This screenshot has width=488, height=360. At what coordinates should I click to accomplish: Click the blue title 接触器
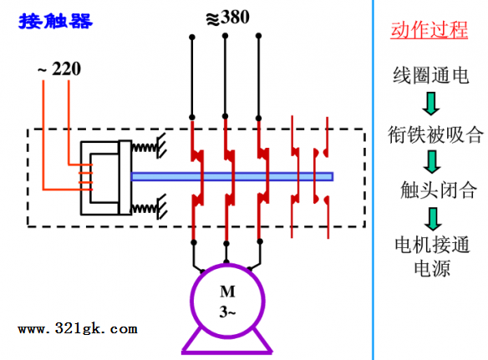click(55, 21)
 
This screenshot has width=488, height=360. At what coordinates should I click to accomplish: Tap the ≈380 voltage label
click(227, 18)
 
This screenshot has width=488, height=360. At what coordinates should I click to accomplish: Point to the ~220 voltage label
click(59, 68)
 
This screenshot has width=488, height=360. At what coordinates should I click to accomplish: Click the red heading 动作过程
click(430, 30)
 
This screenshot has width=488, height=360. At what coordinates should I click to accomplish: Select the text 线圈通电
click(430, 75)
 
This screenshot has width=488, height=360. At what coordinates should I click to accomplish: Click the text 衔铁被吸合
click(435, 134)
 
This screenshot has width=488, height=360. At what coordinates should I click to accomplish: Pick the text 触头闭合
click(439, 190)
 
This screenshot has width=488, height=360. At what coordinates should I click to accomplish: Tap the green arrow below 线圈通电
click(431, 104)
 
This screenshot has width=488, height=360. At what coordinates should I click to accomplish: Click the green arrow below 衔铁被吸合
click(432, 162)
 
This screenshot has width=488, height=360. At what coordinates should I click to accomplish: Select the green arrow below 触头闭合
click(433, 219)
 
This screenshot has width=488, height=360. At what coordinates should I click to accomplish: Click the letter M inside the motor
click(227, 292)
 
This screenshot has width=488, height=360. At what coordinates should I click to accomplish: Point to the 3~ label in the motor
click(227, 312)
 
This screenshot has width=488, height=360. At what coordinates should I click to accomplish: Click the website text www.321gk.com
click(78, 328)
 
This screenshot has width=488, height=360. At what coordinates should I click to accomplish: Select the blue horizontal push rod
click(232, 177)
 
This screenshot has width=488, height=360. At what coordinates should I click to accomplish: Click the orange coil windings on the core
click(85, 177)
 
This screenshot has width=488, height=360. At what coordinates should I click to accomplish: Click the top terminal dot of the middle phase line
click(225, 36)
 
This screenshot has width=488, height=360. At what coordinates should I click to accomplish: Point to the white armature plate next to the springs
click(125, 177)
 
